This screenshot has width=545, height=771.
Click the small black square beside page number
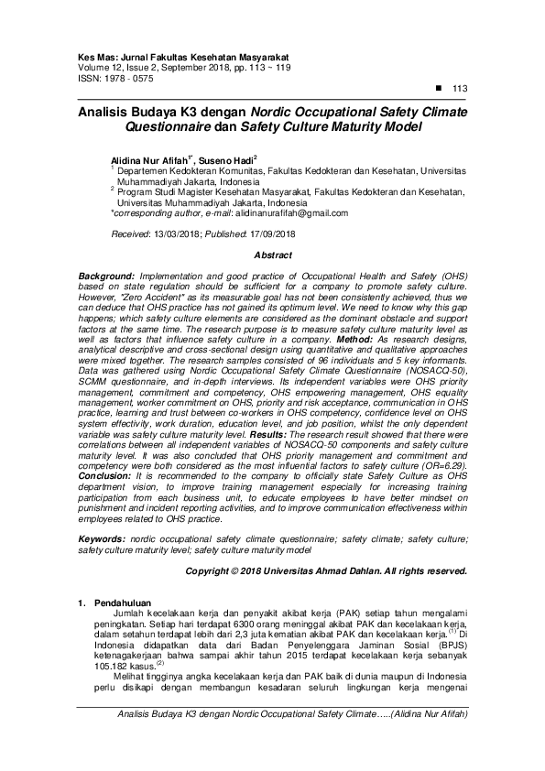[437, 87]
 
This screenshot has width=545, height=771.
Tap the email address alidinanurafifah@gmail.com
[291, 212]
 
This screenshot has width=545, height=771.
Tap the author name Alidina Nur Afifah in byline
[150, 159]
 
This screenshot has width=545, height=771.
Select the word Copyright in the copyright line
[210, 570]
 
